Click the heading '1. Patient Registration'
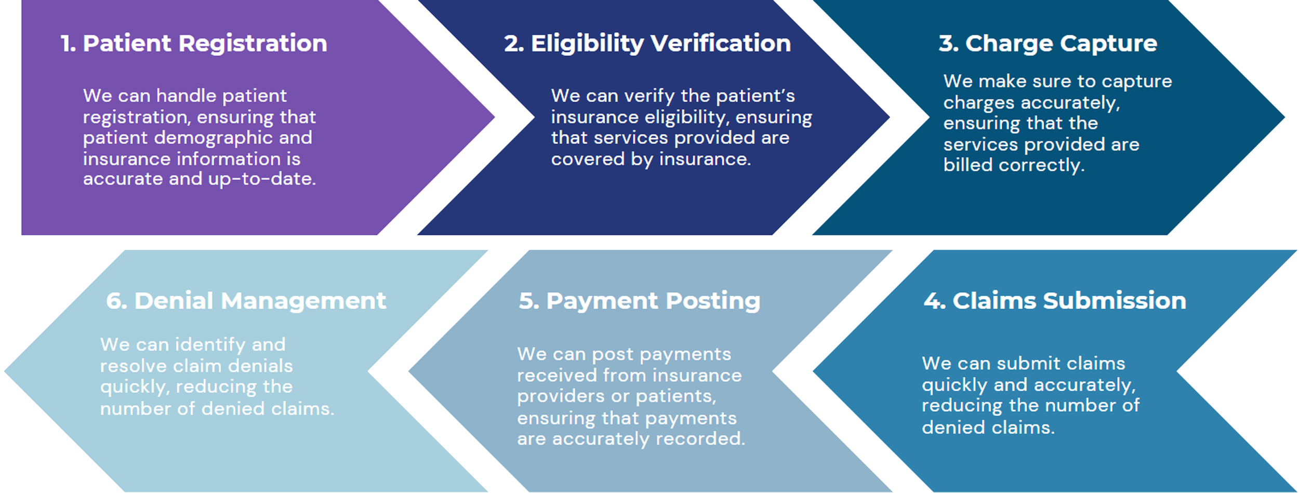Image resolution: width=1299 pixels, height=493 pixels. click(x=194, y=43)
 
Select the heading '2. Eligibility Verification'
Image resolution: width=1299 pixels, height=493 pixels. click(x=647, y=43)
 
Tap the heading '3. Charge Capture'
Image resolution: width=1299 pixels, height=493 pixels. click(x=1048, y=43)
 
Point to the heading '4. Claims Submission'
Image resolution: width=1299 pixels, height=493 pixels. click(x=1055, y=301)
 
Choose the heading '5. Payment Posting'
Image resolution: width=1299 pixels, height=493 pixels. click(x=639, y=301)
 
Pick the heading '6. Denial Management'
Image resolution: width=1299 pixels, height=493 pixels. click(x=246, y=301)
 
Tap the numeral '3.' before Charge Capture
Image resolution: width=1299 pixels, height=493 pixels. click(x=948, y=43)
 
